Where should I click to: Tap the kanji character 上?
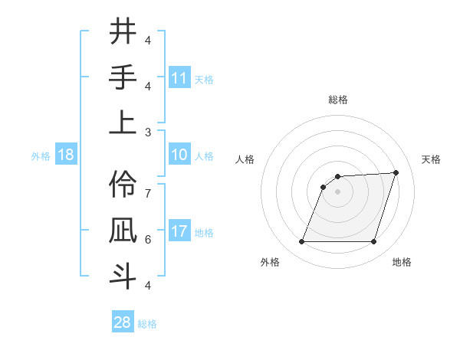tap(123, 122)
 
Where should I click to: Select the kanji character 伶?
tap(123, 184)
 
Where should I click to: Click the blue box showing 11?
tap(179, 78)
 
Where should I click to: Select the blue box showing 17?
tap(179, 232)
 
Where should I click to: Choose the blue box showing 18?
tap(66, 155)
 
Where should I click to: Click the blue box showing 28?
tap(123, 322)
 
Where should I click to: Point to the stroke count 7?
tap(148, 186)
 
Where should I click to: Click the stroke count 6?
tap(148, 239)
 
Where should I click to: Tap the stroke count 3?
tap(148, 132)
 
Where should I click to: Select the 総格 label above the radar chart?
tap(337, 100)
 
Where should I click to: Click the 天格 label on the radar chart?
tap(431, 159)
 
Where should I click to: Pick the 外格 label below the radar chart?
tap(270, 262)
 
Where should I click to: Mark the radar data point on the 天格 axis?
tap(396, 172)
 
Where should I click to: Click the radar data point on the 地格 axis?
tap(373, 241)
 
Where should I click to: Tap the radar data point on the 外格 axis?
tap(301, 241)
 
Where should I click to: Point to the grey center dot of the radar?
tap(337, 191)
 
